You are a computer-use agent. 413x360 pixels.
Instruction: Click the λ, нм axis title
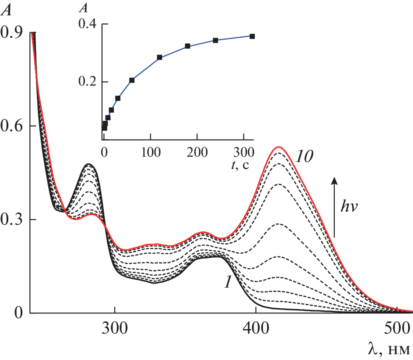coord(389,349)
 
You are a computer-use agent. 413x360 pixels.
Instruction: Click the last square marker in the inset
coord(252,36)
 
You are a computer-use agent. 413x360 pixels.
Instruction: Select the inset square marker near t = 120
coord(159,58)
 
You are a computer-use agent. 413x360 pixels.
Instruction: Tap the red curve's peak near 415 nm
coord(278,147)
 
